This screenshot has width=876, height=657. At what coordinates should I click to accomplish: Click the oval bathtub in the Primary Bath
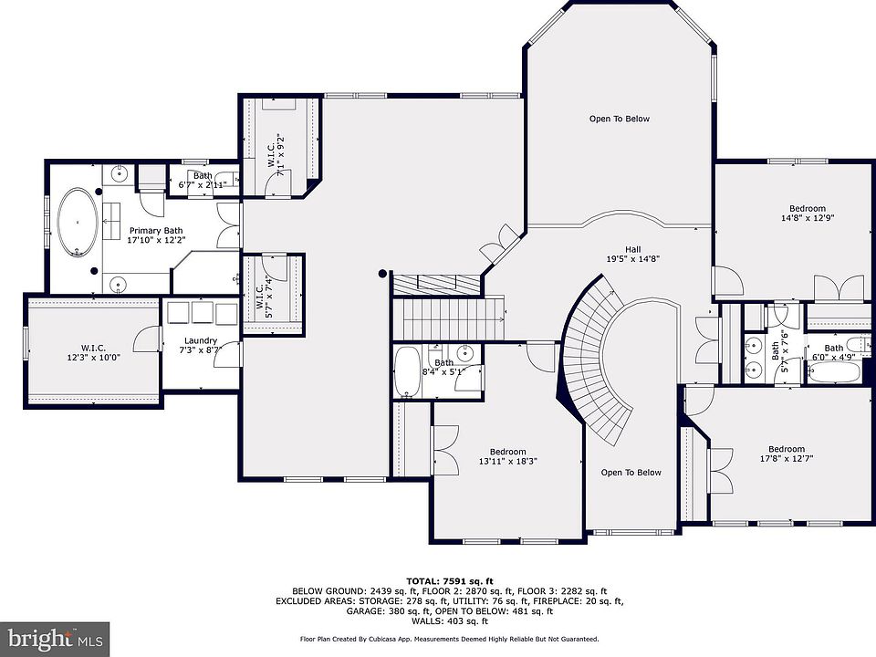pyautogui.click(x=78, y=223)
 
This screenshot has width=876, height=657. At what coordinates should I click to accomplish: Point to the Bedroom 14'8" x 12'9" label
pyautogui.click(x=808, y=214)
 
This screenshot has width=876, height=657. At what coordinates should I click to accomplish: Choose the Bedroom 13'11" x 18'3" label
pyautogui.click(x=508, y=456)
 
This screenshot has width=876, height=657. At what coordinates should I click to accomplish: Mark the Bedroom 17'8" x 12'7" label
pyautogui.click(x=786, y=454)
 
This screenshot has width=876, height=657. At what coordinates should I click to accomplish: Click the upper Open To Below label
pyautogui.click(x=620, y=119)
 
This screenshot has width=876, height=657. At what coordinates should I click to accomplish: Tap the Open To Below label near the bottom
pyautogui.click(x=631, y=473)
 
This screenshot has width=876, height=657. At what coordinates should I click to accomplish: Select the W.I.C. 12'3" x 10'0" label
pyautogui.click(x=93, y=352)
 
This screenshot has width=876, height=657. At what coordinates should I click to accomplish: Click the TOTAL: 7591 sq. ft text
pyautogui.click(x=450, y=581)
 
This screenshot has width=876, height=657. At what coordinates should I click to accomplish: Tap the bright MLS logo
pyautogui.click(x=55, y=639)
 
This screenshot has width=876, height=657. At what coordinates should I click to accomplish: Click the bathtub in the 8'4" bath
pyautogui.click(x=407, y=371)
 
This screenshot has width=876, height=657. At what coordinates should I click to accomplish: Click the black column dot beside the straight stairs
pyautogui.click(x=382, y=274)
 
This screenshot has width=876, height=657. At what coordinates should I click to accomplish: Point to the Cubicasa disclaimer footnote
pyautogui.click(x=449, y=639)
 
